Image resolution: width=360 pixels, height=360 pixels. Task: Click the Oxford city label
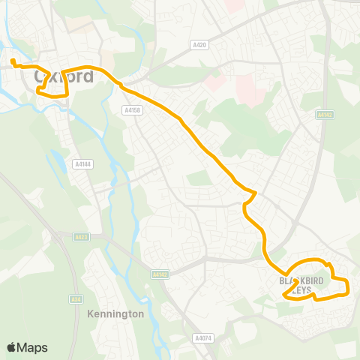tap(64, 76)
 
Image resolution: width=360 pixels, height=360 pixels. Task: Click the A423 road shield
tap(82, 237)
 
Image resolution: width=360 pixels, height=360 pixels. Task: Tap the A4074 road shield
tap(202, 337)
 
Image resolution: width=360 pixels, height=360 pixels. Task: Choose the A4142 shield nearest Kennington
tap(160, 274)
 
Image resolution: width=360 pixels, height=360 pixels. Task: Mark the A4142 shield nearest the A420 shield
tap(325, 115)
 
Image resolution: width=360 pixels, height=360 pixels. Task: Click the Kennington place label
tap(115, 313)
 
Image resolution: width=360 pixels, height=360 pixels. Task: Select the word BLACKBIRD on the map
tap(301, 280)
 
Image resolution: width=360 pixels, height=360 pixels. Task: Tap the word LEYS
tap(301, 290)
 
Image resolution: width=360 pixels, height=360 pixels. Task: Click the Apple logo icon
tap(12, 347)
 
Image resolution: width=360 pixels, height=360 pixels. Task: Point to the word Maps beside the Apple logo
tap(32, 347)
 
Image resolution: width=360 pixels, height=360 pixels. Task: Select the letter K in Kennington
tap(91, 313)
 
